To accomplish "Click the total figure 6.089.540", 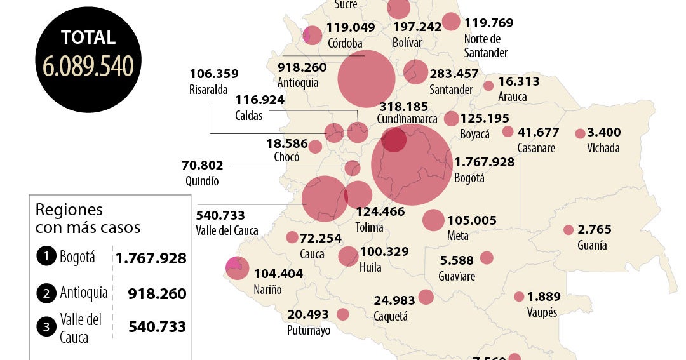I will [x=88, y=66].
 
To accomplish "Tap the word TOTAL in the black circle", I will [x=88, y=37].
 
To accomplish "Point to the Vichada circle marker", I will [x=580, y=134].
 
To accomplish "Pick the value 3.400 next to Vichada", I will [x=604, y=133].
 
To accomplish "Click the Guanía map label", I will [x=592, y=246].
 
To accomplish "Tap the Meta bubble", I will [x=433, y=220].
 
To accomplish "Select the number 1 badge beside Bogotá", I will [x=46, y=257].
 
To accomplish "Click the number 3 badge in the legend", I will [x=46, y=328].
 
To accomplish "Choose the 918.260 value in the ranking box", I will [x=157, y=293].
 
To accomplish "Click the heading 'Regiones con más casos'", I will [x=88, y=218].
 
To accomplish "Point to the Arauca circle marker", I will [x=488, y=86].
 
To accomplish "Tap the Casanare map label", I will [x=536, y=148].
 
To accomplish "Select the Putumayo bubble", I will [x=343, y=314].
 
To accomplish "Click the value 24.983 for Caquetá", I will [x=394, y=300].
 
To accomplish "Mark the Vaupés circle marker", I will [x=519, y=297].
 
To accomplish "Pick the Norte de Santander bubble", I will [x=451, y=22].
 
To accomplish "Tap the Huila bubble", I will [x=348, y=256].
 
